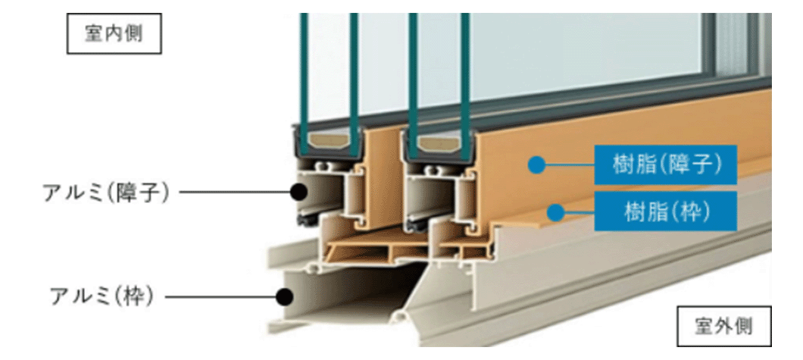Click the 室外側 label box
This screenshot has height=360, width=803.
point(723,328)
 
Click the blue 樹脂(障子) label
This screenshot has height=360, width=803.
point(665,164)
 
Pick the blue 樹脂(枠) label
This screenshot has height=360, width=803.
point(665,211)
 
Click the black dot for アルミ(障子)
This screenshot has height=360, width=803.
point(299,193)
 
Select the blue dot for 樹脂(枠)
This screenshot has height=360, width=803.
point(556,211)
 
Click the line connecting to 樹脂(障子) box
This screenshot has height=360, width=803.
point(568,164)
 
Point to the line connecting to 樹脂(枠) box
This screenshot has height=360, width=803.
point(580,211)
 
